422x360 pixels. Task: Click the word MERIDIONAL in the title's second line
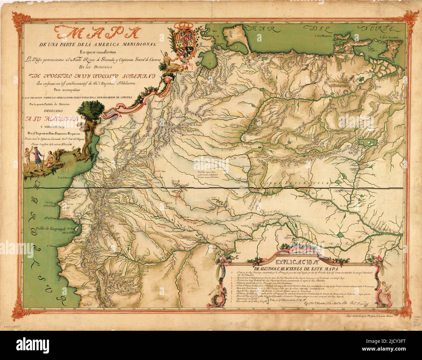click(x=139, y=44)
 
